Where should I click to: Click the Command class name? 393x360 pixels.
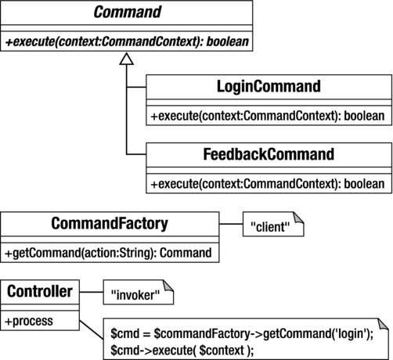click(128, 13)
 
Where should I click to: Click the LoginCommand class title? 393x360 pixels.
click(269, 87)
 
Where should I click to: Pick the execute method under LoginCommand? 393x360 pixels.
click(269, 114)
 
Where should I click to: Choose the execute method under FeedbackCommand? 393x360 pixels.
click(269, 184)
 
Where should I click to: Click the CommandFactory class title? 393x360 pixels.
click(109, 225)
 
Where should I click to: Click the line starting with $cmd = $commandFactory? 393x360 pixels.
click(242, 333)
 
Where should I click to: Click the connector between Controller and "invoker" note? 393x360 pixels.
click(90, 293)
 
